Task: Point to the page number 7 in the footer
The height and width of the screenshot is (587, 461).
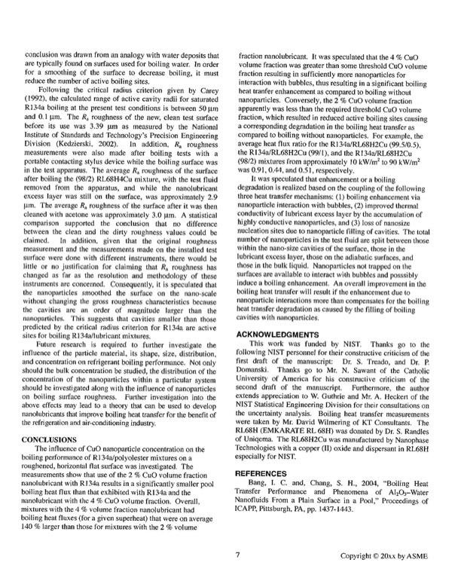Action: pos(237,555)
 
